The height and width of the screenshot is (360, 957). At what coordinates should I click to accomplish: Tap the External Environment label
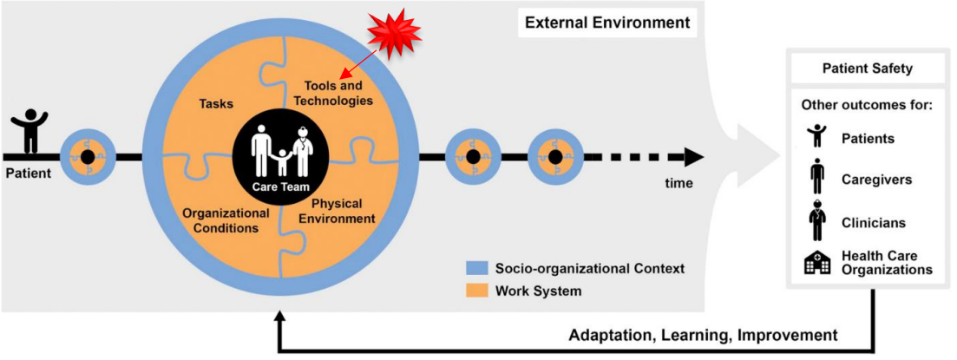point(608,23)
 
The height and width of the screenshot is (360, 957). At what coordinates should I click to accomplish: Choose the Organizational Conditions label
point(226,220)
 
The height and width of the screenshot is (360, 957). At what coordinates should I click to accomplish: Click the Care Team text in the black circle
point(279,187)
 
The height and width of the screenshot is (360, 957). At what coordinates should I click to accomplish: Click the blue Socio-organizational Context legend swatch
point(475,269)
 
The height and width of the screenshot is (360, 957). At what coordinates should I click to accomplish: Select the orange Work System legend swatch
point(475,291)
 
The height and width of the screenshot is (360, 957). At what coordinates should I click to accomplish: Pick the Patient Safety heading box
point(867,68)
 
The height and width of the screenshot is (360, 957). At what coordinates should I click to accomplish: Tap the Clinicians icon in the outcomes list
point(816,220)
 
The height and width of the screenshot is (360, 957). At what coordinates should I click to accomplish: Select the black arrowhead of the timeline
point(693,157)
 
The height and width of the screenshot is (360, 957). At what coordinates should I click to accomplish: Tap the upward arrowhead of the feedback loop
point(279,318)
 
